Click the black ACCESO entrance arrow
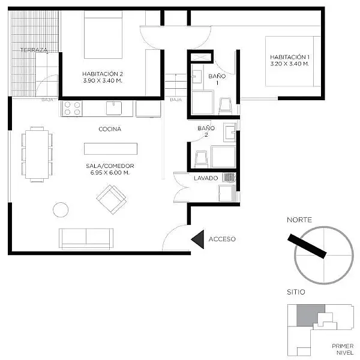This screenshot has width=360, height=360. (199, 239)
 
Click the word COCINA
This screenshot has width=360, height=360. (110, 129)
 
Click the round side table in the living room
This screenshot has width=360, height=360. (61, 209)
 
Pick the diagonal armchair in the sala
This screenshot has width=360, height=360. (112, 200)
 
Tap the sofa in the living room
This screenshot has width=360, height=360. (86, 239)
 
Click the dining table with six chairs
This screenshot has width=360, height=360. (37, 154)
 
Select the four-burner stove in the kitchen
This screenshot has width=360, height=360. (72, 109)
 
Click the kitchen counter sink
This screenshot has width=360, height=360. (114, 108)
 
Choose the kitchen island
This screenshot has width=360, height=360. (110, 149)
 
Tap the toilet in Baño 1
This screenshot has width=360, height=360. (225, 106)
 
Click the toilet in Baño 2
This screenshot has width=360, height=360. (202, 159)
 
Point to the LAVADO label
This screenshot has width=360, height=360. (206, 178)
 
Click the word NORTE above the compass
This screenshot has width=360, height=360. (299, 220)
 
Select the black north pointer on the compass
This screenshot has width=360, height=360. (307, 247)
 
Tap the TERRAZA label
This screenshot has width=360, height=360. (34, 50)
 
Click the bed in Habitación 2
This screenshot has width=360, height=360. (103, 35)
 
